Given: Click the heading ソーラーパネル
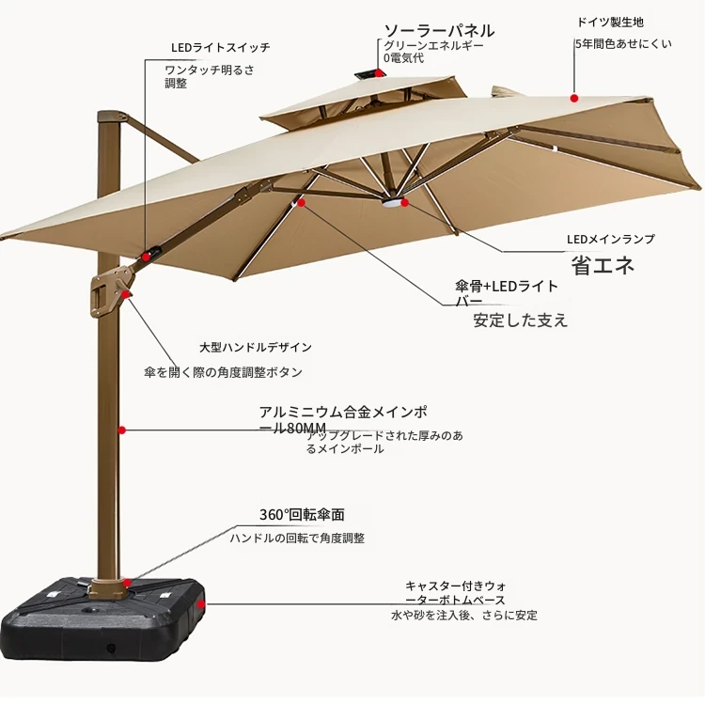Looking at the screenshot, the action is [x=439, y=31].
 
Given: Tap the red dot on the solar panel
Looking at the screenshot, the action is [x=380, y=72].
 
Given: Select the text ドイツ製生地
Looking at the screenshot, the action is [x=610, y=22].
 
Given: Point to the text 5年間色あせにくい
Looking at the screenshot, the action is [x=623, y=44].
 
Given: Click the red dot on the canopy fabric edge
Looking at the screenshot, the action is [x=574, y=98].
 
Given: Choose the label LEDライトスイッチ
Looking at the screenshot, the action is [x=220, y=47].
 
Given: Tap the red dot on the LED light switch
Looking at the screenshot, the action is [x=146, y=257].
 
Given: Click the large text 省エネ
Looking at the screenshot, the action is [x=603, y=265].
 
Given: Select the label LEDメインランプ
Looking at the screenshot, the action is [x=611, y=239].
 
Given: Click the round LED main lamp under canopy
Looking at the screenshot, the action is [x=393, y=203].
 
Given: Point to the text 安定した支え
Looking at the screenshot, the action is [x=521, y=320].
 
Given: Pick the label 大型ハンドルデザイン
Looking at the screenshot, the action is [x=256, y=347].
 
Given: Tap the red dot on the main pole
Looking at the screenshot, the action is [x=122, y=430].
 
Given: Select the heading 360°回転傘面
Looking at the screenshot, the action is [x=302, y=515].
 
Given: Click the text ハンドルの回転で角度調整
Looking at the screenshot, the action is [x=297, y=538].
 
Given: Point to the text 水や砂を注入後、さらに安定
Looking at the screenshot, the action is [x=464, y=615].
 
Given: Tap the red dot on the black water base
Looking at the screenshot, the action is [x=200, y=604].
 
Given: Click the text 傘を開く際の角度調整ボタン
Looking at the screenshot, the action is [x=224, y=372].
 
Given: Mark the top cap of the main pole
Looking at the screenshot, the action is [x=111, y=116].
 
